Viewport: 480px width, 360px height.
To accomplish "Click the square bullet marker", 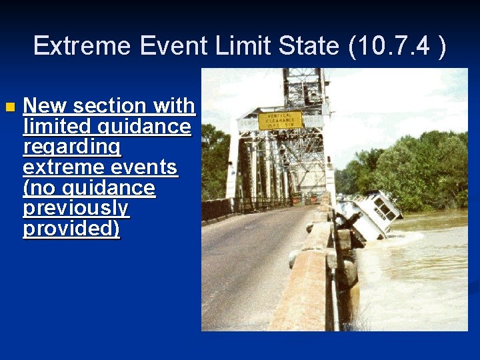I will (x=8, y=107).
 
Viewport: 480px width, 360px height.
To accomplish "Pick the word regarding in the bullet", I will (x=71, y=147).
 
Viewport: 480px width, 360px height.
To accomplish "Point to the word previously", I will (x=75, y=209).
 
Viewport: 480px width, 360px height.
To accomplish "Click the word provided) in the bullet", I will (x=71, y=229).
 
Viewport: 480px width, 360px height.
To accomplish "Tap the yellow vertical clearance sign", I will (x=280, y=121).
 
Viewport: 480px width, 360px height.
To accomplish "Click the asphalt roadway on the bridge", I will (x=247, y=267).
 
